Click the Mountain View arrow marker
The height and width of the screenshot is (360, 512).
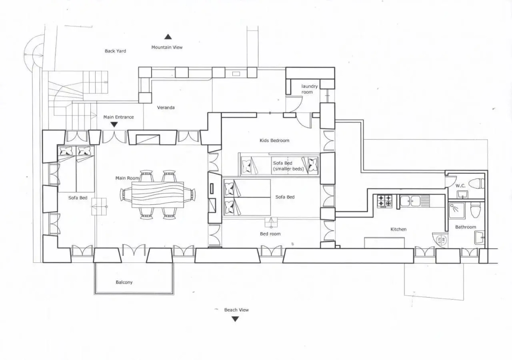click(168, 37)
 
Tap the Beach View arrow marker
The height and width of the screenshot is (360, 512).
click(235, 319)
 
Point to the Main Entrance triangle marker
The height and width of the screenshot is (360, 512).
click(114, 125)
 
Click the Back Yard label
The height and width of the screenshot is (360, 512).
click(115, 51)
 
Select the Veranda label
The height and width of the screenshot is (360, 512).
click(166, 107)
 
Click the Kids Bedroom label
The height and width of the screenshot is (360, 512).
click(274, 140)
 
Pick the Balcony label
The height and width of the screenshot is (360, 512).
click(124, 282)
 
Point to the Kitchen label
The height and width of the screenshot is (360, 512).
click(398, 229)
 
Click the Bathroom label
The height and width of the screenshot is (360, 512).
click(466, 227)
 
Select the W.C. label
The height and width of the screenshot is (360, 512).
click(460, 186)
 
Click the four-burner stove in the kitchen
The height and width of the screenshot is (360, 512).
click(384, 201)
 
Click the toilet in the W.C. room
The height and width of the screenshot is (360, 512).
click(476, 183)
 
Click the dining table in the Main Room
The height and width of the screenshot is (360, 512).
click(158, 195)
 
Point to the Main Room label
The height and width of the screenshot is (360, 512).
click(127, 178)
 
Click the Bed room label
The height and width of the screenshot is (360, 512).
click(270, 234)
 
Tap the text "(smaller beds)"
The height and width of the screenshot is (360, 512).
click(288, 169)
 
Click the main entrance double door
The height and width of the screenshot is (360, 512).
click(114, 137)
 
